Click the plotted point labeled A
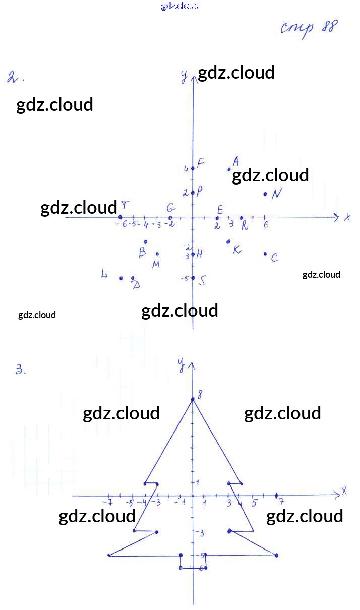[x=229, y=169]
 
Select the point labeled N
[x=265, y=194]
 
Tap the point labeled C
[x=265, y=254]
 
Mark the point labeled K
[x=229, y=241]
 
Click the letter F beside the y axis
[x=201, y=163]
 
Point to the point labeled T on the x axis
[x=120, y=217]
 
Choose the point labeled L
[x=121, y=278]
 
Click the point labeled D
[x=133, y=278]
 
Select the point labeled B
[x=145, y=241]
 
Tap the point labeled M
[x=157, y=254]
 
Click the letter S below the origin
[x=202, y=281]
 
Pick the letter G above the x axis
[x=171, y=208]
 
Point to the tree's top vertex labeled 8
[x=193, y=400]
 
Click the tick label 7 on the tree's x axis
[x=281, y=502]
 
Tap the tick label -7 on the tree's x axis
[x=107, y=502]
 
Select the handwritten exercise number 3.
[x=20, y=370]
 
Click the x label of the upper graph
[x=347, y=218]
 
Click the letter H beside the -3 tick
[x=200, y=254]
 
